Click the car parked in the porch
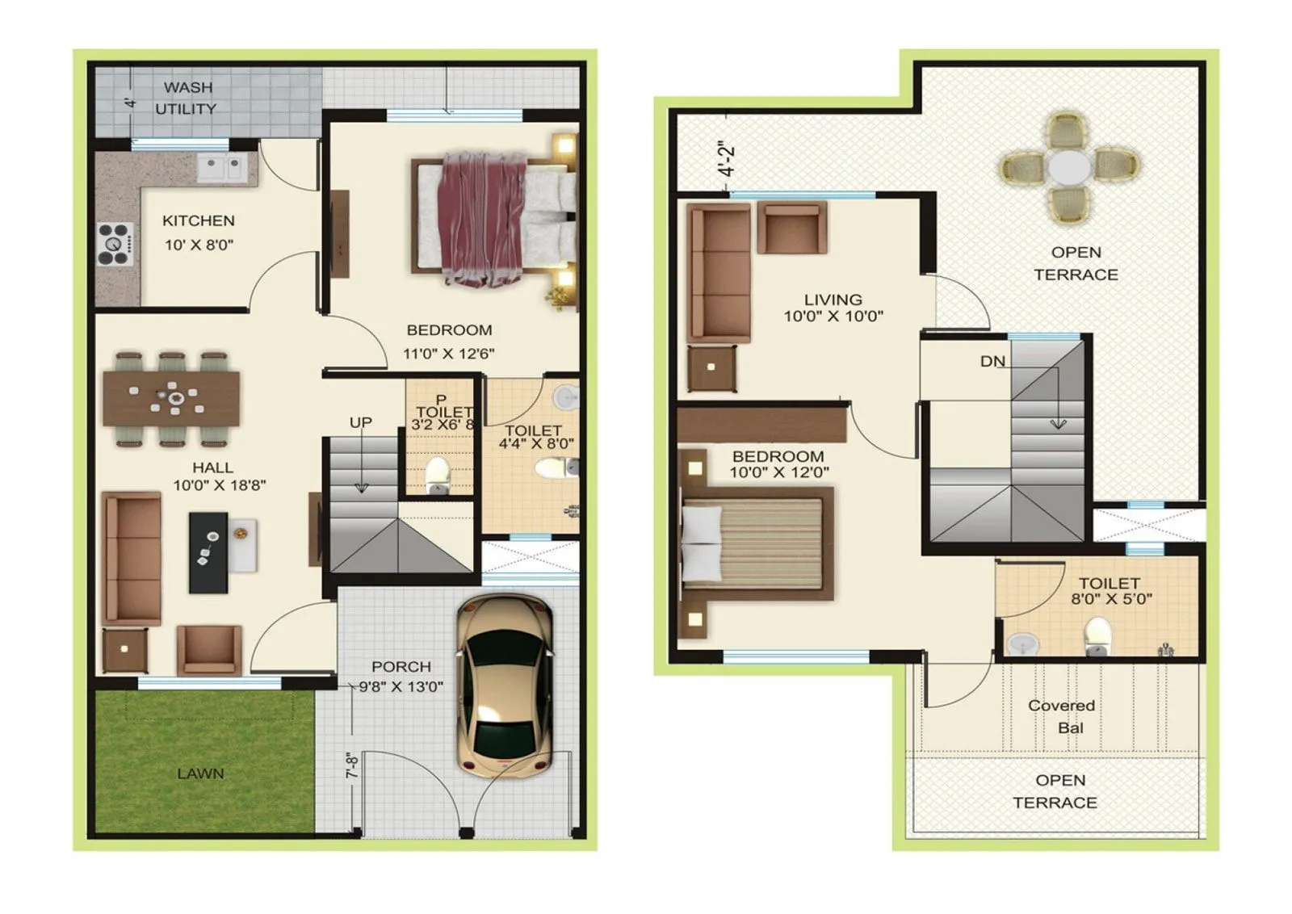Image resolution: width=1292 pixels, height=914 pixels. tap(505, 686)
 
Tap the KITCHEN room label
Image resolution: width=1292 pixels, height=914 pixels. tap(198, 220)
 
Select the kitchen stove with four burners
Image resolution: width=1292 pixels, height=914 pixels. tap(115, 244)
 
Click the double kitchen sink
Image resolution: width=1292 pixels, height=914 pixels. tap(221, 169)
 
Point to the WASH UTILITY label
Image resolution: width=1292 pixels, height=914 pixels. tap(187, 98)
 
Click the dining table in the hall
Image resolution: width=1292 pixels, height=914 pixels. tap(171, 398)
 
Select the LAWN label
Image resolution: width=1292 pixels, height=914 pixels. tap(200, 774)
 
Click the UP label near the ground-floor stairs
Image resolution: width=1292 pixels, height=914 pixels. tap(360, 422)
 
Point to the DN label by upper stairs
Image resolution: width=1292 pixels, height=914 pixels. tap(992, 362)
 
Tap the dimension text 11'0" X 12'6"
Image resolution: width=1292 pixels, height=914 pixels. tap(448, 353)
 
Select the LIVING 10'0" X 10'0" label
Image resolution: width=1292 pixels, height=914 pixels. tap(833, 308)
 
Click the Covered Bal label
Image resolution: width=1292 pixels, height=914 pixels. tap(1062, 716)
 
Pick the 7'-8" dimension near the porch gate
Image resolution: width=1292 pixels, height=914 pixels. tap(352, 766)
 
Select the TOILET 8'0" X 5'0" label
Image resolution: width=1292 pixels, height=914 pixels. tap(1110, 590)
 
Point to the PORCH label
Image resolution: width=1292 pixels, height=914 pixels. tap(401, 666)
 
